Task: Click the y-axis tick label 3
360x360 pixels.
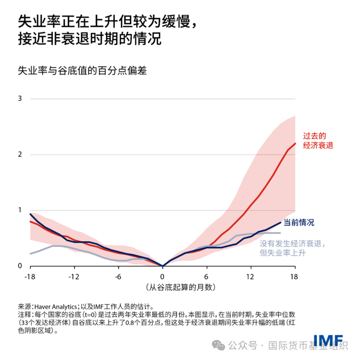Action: (x=20, y=98)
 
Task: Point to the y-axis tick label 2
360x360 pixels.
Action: (x=20, y=154)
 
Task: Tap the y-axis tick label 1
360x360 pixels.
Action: (x=20, y=210)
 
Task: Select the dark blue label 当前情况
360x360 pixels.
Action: (x=299, y=223)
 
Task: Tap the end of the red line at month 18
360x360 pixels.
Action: (x=295, y=143)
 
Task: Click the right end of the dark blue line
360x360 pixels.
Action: (x=281, y=222)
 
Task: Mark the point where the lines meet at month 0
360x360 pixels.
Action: (x=163, y=266)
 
